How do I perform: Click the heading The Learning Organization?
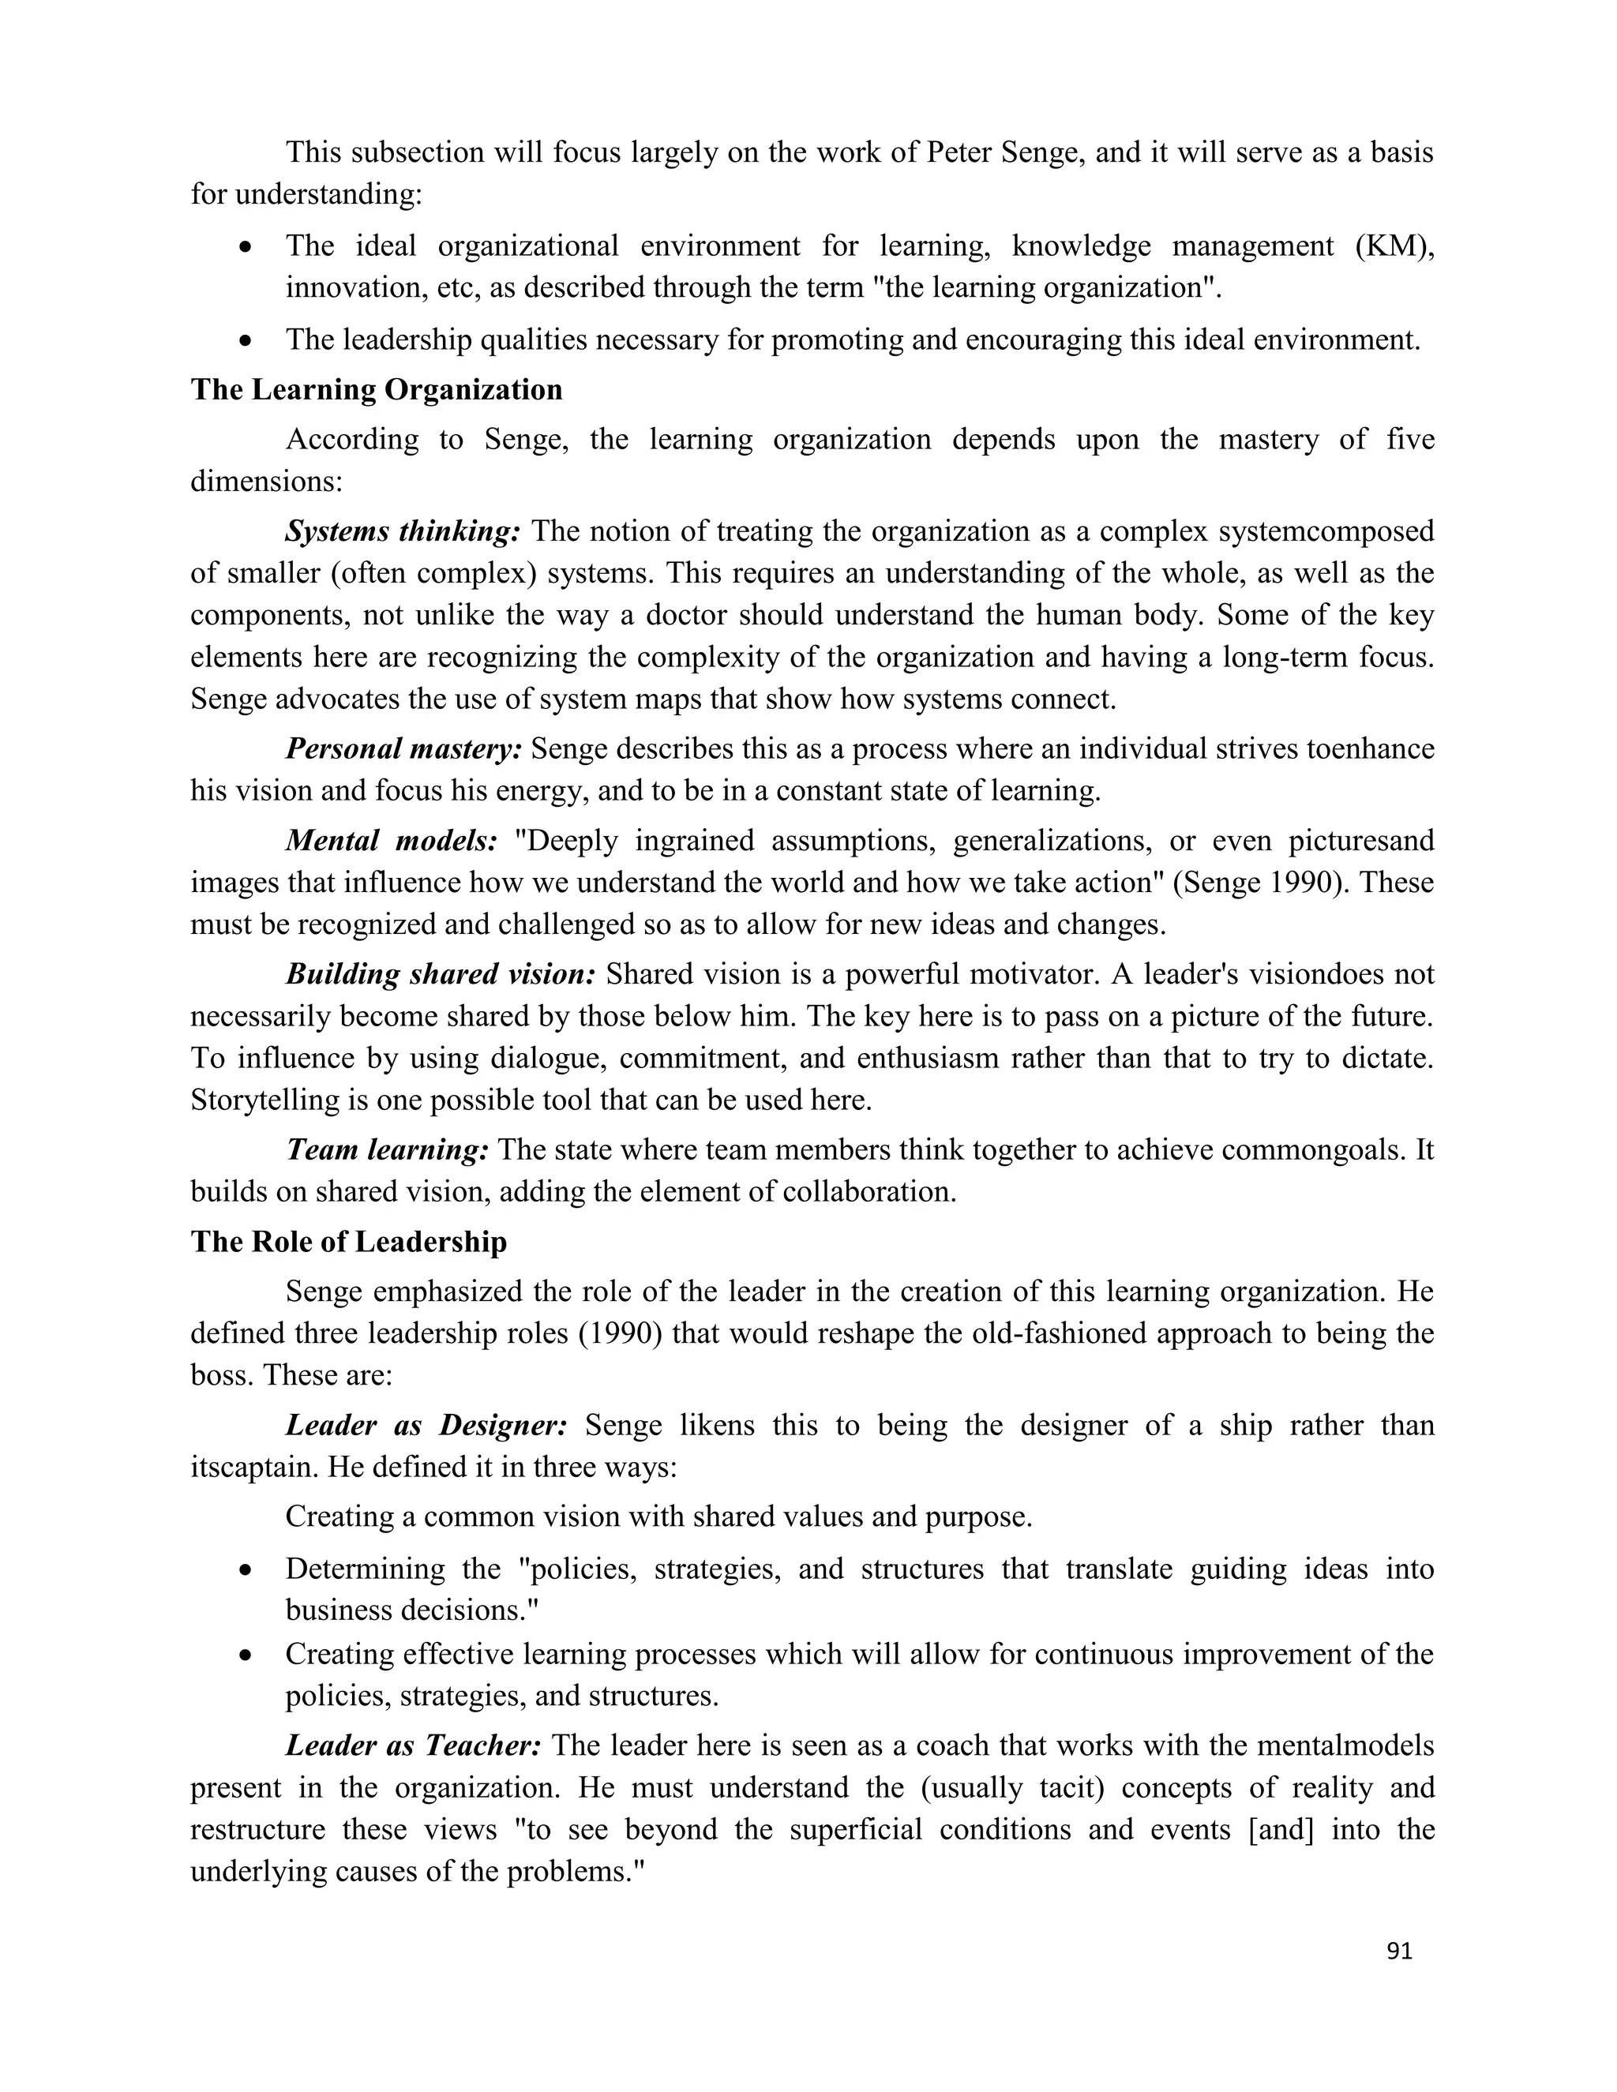(377, 390)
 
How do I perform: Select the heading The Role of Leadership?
(349, 1242)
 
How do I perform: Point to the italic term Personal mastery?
(404, 749)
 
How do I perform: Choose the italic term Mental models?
(392, 841)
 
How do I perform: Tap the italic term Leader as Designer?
(426, 1425)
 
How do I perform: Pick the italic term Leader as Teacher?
(414, 1745)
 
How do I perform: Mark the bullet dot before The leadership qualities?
(247, 341)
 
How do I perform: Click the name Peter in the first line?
(960, 152)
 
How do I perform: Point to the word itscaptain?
(254, 1468)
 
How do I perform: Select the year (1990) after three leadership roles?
(621, 1333)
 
